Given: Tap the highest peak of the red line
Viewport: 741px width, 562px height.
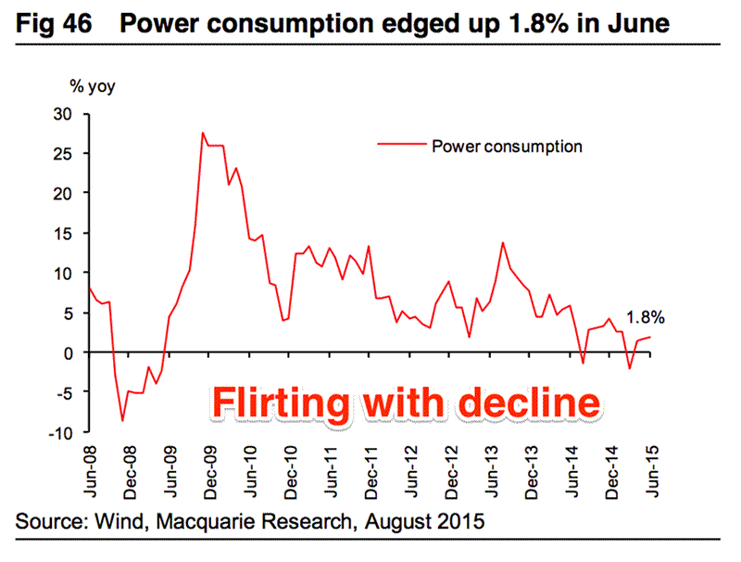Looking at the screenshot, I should tap(203, 133).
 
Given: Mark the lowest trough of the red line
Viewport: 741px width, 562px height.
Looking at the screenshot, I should tap(122, 421).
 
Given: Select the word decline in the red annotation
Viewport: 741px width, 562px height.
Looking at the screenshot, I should tap(533, 404).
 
